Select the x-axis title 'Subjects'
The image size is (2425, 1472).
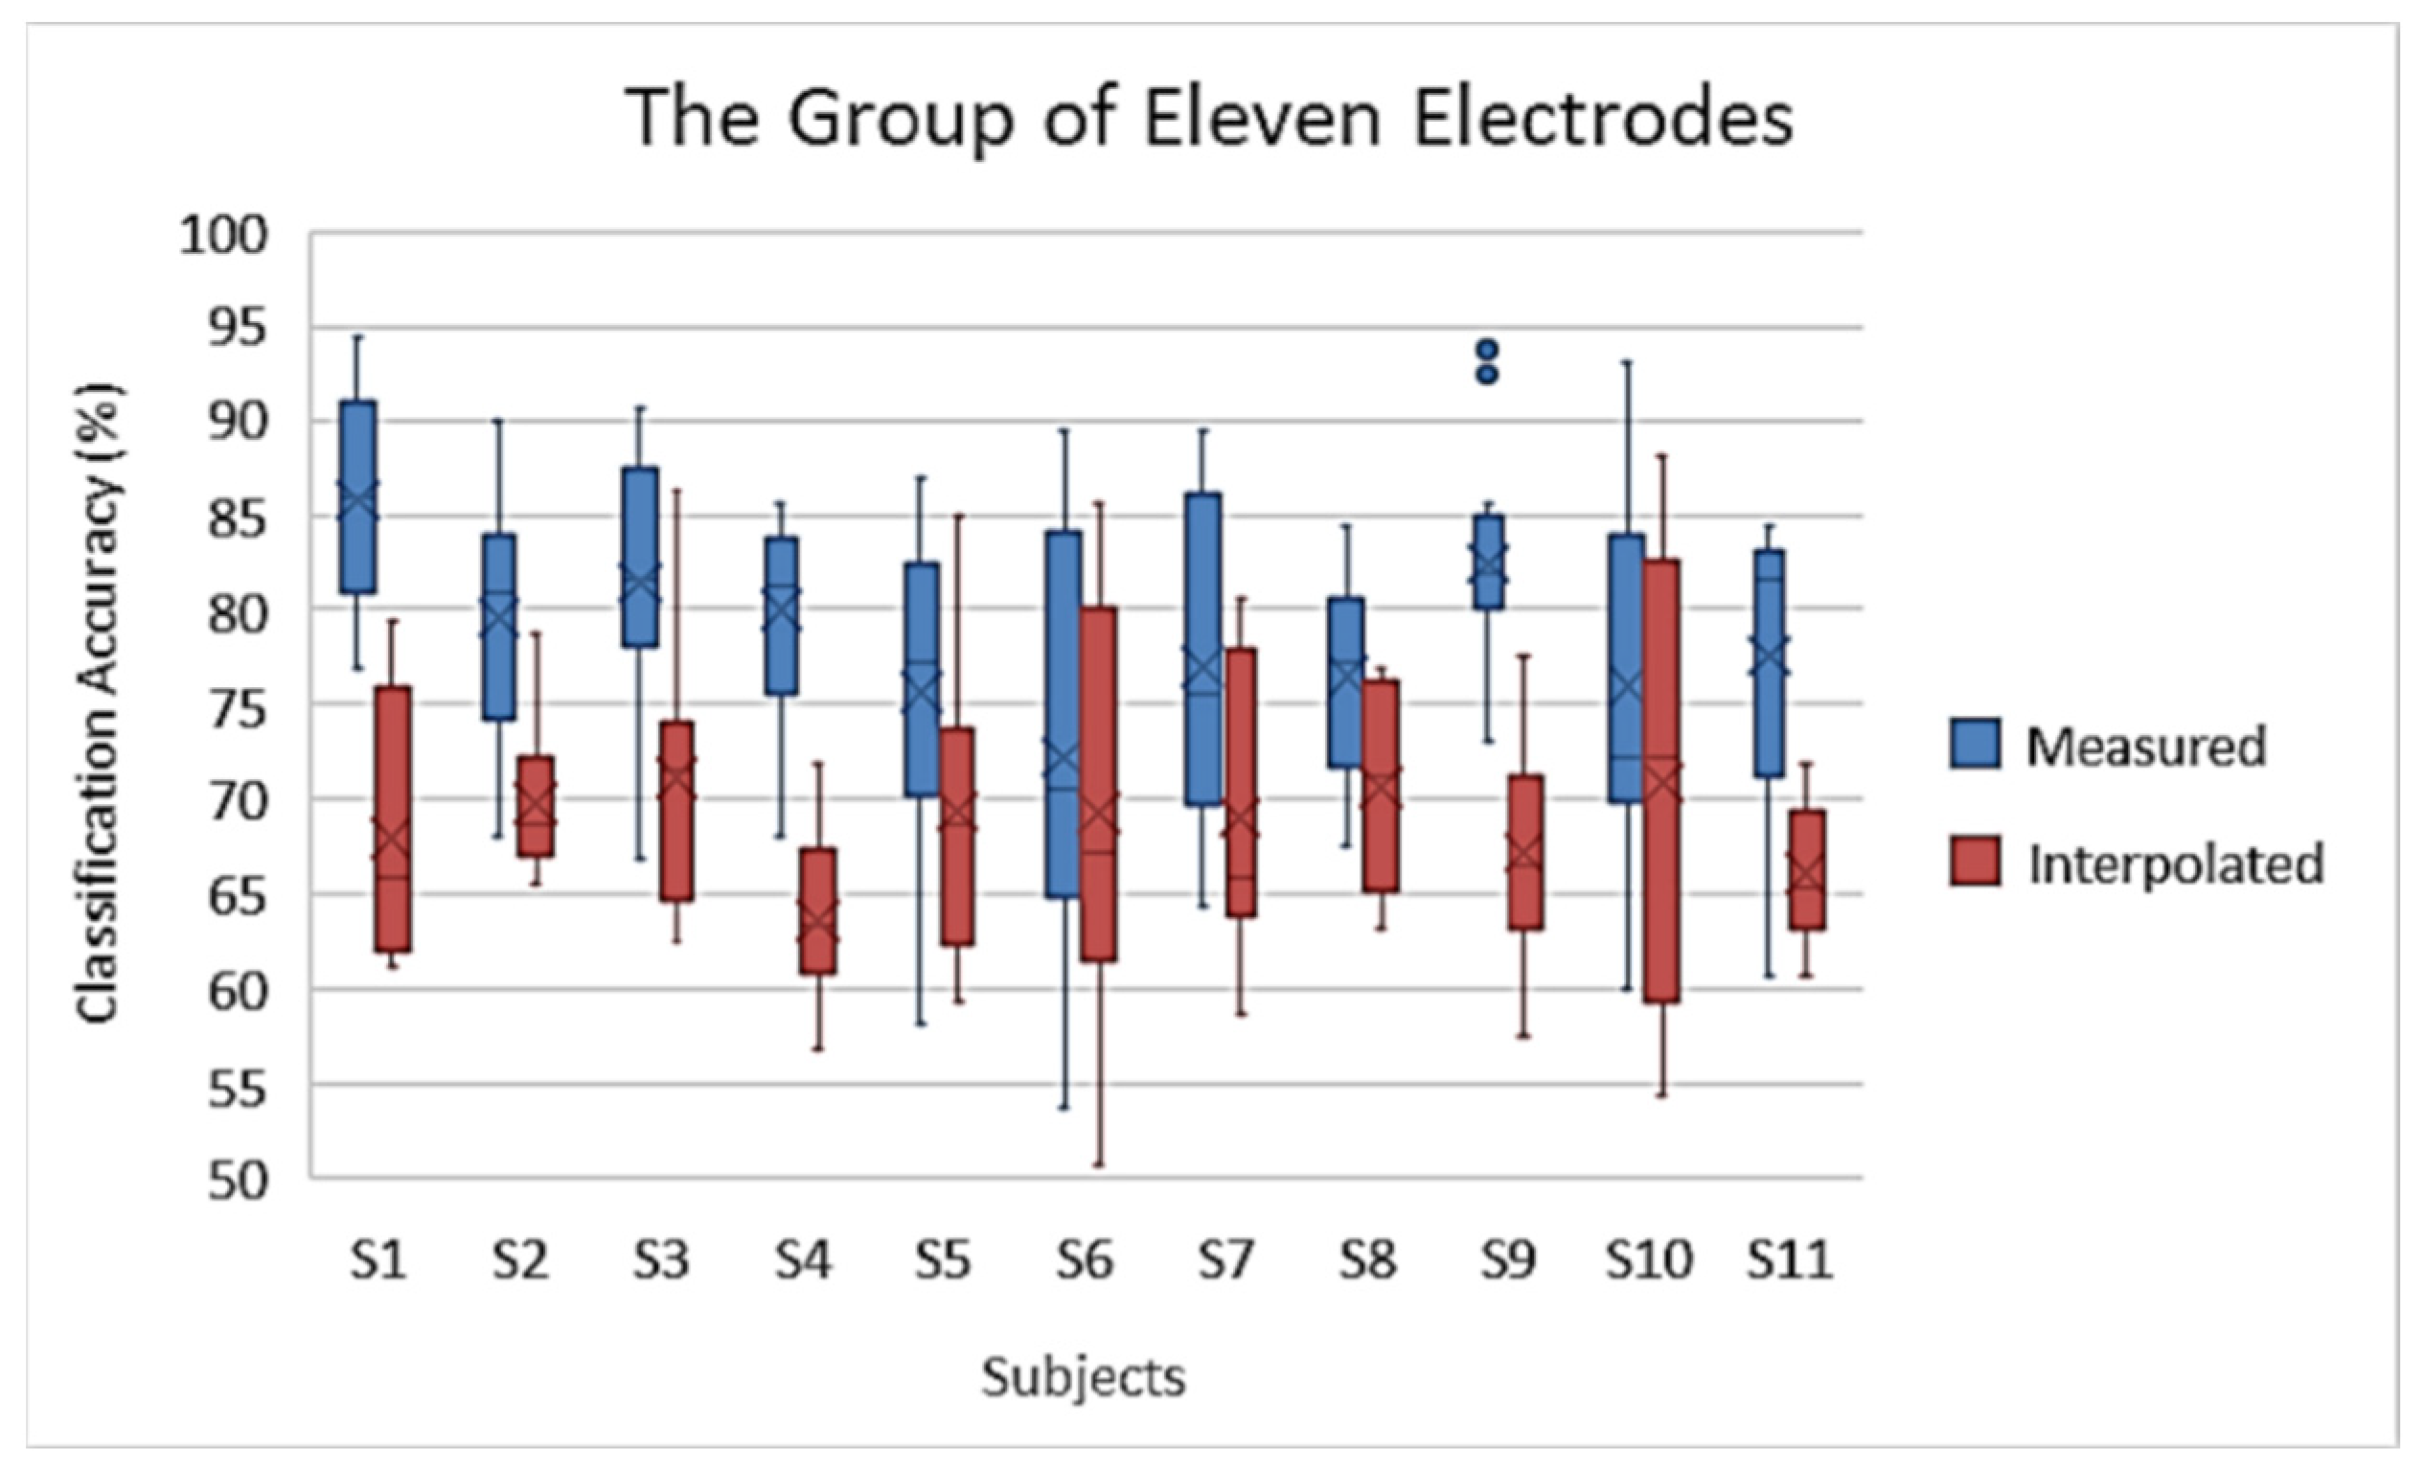click(1084, 1376)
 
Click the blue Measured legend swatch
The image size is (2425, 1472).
click(1975, 744)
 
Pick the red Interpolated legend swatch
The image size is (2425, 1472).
click(1975, 862)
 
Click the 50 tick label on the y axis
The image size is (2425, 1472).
click(238, 1180)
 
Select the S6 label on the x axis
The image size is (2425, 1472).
click(1085, 1260)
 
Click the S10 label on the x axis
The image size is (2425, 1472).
click(1649, 1260)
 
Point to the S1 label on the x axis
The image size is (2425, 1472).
click(378, 1260)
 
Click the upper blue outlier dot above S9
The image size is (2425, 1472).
click(1488, 350)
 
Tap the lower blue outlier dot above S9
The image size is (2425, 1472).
click(1488, 374)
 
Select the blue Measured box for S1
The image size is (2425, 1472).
click(357, 497)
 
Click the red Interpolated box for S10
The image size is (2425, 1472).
click(1662, 781)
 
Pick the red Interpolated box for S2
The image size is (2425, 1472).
click(537, 806)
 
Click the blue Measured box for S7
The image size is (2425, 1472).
click(1202, 650)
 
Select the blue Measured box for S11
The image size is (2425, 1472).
click(1769, 662)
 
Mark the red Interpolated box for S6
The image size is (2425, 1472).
click(1098, 784)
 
